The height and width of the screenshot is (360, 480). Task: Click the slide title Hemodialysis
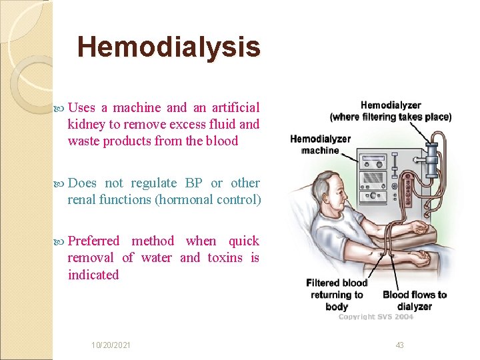[x=169, y=47]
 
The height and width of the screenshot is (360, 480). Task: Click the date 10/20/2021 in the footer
[x=111, y=345]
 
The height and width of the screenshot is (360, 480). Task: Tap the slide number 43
[x=400, y=345]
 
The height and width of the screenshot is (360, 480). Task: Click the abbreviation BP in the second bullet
[x=194, y=183]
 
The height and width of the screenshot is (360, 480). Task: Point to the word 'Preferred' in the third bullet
[x=93, y=241]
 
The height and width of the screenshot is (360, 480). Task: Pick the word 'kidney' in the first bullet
[x=85, y=124]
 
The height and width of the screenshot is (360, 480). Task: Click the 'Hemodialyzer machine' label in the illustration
[x=321, y=145]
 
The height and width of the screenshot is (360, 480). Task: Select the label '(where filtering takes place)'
[x=391, y=117]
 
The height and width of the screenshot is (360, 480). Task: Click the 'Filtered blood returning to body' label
[x=336, y=295]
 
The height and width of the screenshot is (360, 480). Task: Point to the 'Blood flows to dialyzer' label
[x=415, y=300]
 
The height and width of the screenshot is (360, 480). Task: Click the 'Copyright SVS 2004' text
[x=375, y=317]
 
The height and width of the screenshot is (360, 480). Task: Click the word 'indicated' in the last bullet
[x=93, y=275]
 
